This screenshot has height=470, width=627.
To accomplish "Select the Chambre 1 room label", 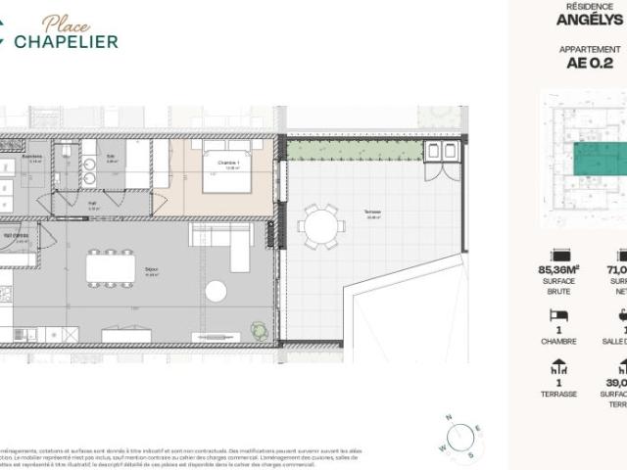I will pyautogui.click(x=228, y=164).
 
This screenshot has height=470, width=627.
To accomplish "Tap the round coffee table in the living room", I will pyautogui.click(x=215, y=292).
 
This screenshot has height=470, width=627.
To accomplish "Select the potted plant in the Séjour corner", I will pyautogui.click(x=258, y=328).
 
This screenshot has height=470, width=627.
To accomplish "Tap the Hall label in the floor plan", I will pyautogui.click(x=91, y=204).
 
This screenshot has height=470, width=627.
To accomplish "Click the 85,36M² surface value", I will pyautogui.click(x=557, y=269).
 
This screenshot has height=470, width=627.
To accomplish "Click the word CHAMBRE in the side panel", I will pyautogui.click(x=557, y=342).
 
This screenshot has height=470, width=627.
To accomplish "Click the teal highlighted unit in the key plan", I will pyautogui.click(x=600, y=159).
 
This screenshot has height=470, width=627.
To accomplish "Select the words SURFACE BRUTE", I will pyautogui.click(x=557, y=285).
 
